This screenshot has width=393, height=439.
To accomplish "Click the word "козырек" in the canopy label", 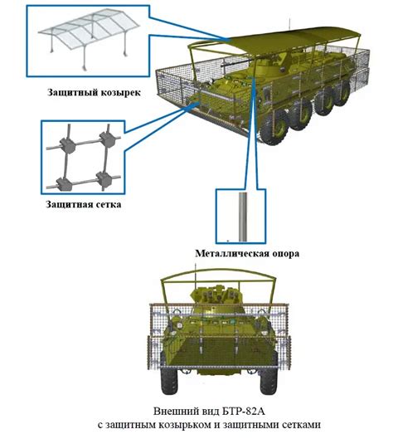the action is tap(120, 92).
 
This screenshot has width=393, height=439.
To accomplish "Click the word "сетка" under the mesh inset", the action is tap(109, 204).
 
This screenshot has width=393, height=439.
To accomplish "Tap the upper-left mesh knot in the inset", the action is tap(67, 144).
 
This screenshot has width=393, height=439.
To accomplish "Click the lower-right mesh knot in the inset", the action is tap(104, 179).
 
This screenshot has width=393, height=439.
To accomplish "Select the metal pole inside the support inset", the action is tap(242, 217).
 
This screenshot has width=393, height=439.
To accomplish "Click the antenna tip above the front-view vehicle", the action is tap(195, 263).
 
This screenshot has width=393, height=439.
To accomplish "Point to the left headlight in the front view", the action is tap(179, 325).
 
